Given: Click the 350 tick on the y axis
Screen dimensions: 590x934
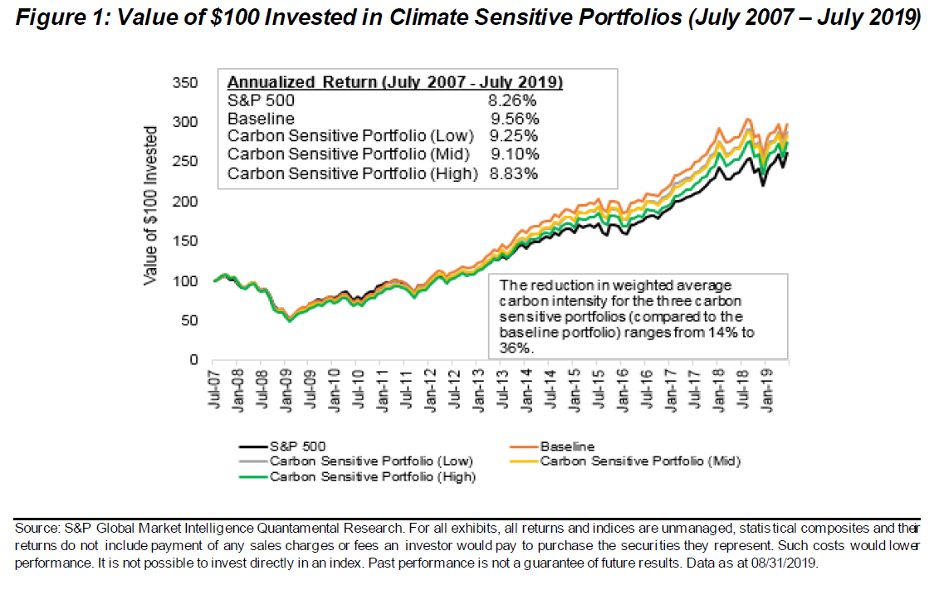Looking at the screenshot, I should (x=186, y=83).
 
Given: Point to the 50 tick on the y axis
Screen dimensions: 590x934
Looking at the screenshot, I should (x=189, y=320).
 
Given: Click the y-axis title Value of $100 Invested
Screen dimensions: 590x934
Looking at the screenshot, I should (x=150, y=206).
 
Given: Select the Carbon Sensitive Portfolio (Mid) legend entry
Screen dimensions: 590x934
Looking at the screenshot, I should (x=640, y=461).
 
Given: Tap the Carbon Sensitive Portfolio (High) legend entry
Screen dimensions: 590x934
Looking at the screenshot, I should (x=371, y=476).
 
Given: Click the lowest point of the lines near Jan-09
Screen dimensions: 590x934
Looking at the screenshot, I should (x=290, y=320).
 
